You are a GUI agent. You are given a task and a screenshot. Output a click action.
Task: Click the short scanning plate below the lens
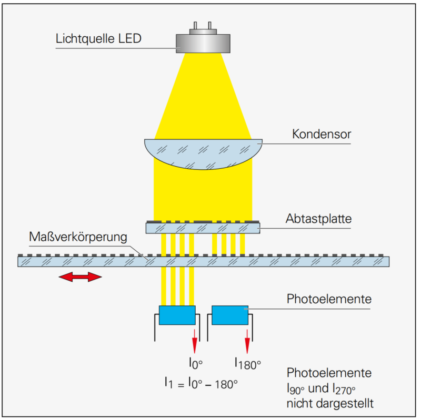[x=203, y=228]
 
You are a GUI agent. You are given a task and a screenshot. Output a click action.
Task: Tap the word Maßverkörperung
[x=79, y=237]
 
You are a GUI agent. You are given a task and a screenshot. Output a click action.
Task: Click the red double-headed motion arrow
[x=80, y=277]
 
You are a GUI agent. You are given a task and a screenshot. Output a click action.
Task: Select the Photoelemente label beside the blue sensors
[x=329, y=300]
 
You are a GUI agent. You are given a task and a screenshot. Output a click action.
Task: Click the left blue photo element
[x=177, y=315]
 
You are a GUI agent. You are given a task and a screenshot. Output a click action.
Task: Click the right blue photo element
[x=230, y=315]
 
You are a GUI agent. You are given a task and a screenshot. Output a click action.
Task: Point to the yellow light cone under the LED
[x=203, y=95]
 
